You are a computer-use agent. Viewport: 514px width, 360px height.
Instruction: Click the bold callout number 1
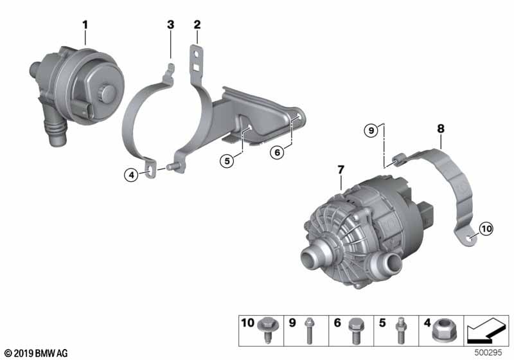85,25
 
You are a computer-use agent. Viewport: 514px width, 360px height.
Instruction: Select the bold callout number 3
171,24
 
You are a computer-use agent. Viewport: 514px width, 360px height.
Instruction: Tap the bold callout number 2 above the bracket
197,24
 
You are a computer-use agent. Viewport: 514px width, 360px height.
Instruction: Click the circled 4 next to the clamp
132,175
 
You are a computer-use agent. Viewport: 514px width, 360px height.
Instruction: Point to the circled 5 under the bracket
227,161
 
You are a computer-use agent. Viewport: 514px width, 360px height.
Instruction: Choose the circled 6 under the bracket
278,152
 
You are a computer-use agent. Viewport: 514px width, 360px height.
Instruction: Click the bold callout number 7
341,170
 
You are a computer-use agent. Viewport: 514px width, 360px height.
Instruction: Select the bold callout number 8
441,129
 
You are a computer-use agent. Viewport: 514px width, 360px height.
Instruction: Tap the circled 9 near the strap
371,130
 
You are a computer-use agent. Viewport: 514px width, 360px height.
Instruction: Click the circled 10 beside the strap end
486,228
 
